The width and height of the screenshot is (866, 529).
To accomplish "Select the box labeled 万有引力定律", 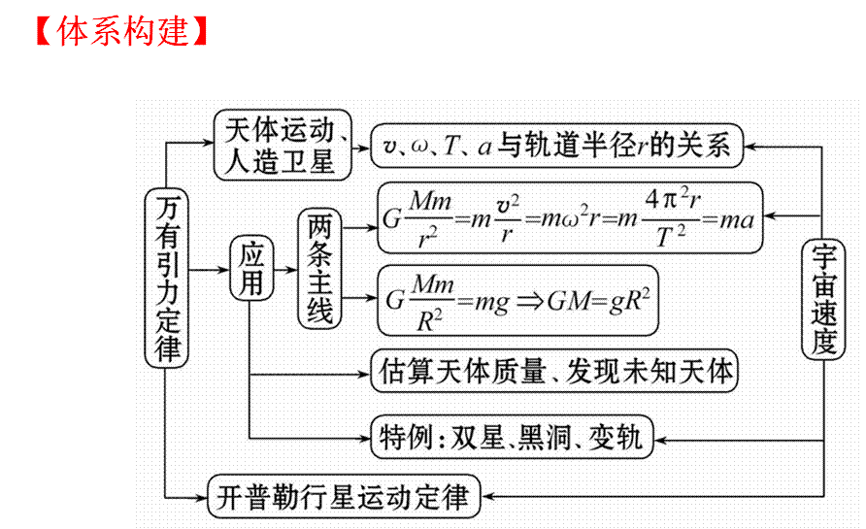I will (168, 278).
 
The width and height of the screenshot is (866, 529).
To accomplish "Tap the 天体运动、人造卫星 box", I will (281, 146).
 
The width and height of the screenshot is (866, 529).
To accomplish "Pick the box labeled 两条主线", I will (320, 268).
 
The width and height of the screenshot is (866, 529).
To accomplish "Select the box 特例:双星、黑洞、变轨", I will (513, 437).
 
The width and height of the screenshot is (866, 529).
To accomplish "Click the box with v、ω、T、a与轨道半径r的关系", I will (556, 147).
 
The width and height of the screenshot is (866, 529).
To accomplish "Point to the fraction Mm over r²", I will (430, 219).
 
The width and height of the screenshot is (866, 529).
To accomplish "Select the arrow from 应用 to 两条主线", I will (285, 268).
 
